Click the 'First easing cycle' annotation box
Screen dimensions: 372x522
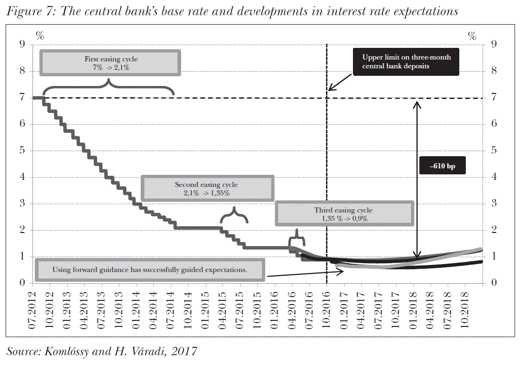[x=111, y=63]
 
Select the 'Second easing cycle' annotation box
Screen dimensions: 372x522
[x=206, y=188]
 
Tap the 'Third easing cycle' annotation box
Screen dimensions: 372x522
[x=343, y=214]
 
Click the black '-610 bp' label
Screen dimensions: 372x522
[x=442, y=166]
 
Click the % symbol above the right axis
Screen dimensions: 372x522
[x=472, y=36]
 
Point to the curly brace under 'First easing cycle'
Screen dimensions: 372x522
[x=109, y=86]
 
